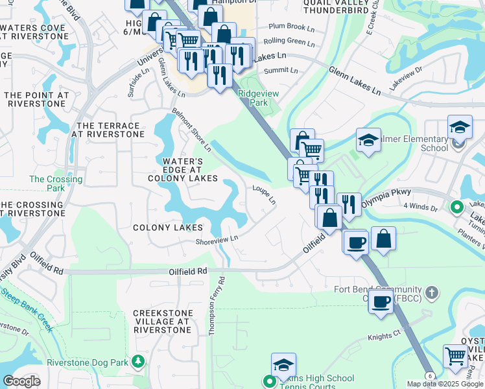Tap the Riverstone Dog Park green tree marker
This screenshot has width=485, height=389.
[x=137, y=360]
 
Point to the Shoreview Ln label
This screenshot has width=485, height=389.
[x=217, y=239]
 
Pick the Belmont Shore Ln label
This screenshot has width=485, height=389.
[x=189, y=130]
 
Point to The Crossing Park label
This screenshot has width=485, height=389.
[x=56, y=183]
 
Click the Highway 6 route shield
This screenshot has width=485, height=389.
[x=429, y=376]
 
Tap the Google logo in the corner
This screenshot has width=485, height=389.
[x=22, y=381]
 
